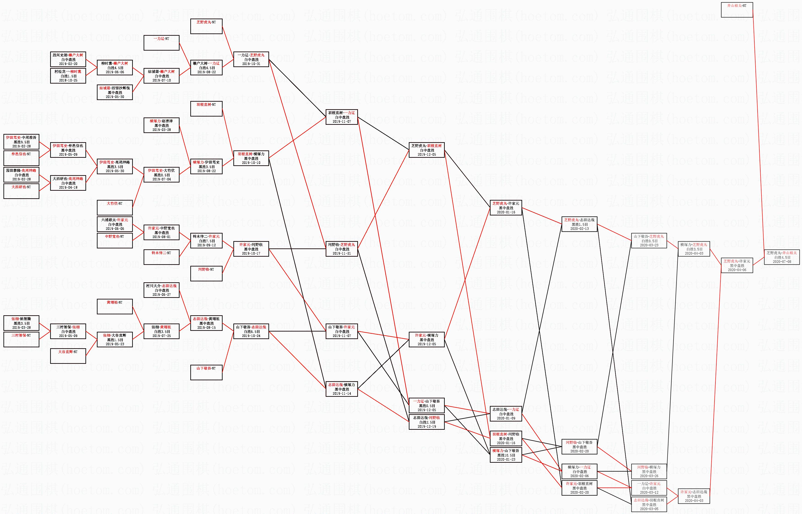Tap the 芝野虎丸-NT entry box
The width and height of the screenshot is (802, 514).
206,26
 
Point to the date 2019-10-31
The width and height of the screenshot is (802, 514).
251,64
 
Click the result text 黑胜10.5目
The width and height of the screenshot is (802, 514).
506,455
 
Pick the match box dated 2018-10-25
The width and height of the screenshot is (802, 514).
68,76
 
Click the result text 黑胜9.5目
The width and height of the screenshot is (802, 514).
21,142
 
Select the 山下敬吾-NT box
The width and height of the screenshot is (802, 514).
206,373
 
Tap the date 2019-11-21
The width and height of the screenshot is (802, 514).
341,253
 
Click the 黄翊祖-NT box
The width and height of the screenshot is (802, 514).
115,306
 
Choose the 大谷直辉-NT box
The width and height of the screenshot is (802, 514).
68,356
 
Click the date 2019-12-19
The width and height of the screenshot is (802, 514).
426,426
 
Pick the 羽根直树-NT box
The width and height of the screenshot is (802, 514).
206,109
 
